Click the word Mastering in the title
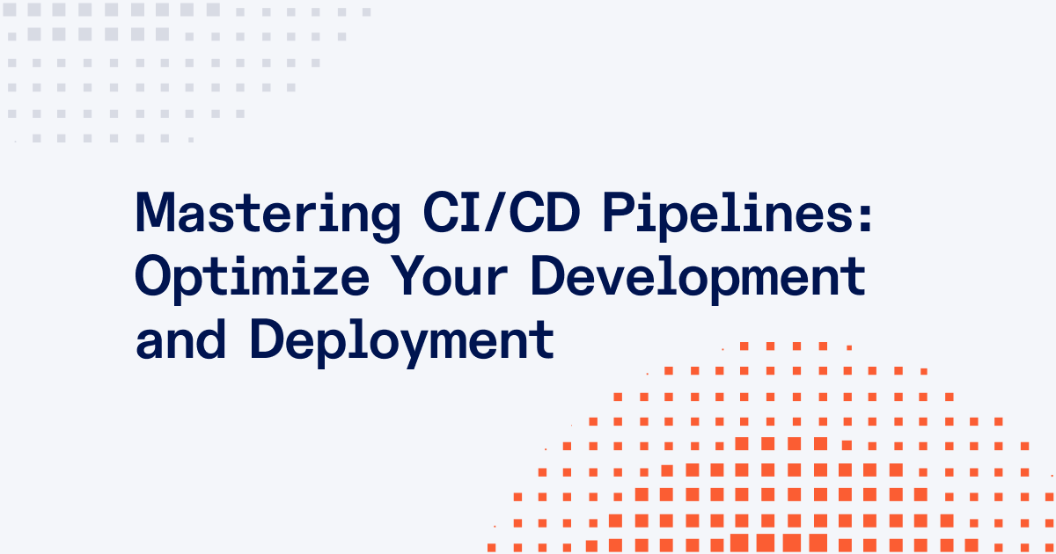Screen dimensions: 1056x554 pyautogui.click(x=268, y=216)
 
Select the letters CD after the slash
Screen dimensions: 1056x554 pyautogui.click(x=545, y=212)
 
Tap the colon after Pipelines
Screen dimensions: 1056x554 pyautogui.click(x=865, y=218)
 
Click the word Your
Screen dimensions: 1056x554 pyautogui.click(x=450, y=275)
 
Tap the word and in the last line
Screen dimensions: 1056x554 pyautogui.click(x=180, y=339)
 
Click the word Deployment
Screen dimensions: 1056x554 pyautogui.click(x=402, y=342)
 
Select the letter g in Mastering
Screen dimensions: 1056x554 pyautogui.click(x=385, y=222)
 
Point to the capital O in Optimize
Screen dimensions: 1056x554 pyautogui.click(x=155, y=275)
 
